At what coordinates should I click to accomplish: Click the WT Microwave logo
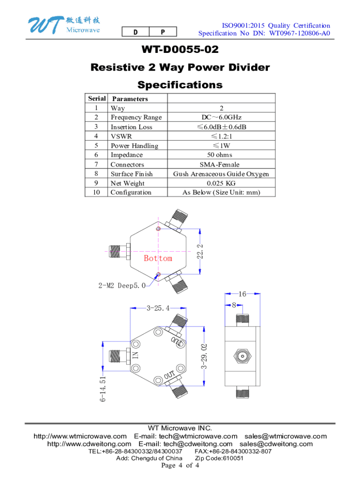tap(63, 25)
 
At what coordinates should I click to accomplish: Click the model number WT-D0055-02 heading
tap(180, 50)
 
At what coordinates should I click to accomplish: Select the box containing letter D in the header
tap(135, 32)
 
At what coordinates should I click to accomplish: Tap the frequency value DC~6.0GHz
tap(221, 117)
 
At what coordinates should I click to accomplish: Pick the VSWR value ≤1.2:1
tap(221, 136)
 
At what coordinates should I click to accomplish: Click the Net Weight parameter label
tap(127, 183)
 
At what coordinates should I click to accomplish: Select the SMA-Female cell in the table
tap(221, 165)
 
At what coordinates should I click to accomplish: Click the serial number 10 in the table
tap(97, 192)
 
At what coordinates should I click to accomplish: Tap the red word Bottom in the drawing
tap(158, 258)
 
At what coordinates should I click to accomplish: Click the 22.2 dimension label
tap(200, 250)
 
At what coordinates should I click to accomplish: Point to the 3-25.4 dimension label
tap(158, 308)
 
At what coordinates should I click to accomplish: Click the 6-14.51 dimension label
tap(103, 388)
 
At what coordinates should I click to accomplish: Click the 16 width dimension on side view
tap(242, 294)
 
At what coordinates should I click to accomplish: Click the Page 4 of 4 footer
tap(180, 466)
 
